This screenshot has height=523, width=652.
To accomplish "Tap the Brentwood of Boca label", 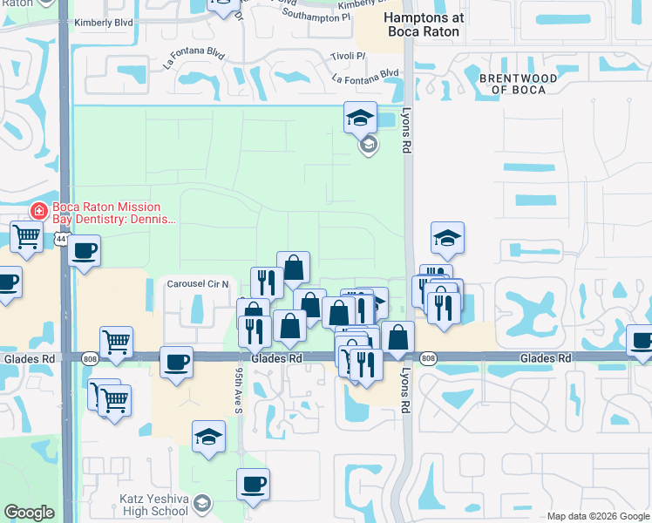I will pos(518,84).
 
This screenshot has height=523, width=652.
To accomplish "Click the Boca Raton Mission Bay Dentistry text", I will pos(106,213).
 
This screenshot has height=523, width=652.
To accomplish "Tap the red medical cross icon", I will pos(38,211).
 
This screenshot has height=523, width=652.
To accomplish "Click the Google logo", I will pos(30,513).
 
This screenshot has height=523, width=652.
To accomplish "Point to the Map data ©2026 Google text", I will pos(597,515).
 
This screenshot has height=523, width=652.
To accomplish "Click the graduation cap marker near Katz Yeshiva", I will pos(208,437).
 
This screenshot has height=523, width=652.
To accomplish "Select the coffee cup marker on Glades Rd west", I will pos(176,361).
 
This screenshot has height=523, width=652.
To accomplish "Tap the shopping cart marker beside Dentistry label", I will pos(27,234).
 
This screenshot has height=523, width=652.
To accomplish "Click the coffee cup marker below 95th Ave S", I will pos(253,484).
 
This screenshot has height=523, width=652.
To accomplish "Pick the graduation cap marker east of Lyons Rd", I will pos(447,236).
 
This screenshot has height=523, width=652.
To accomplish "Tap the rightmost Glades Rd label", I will pos(546,358).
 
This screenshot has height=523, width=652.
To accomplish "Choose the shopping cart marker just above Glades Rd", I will pos(116,342).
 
